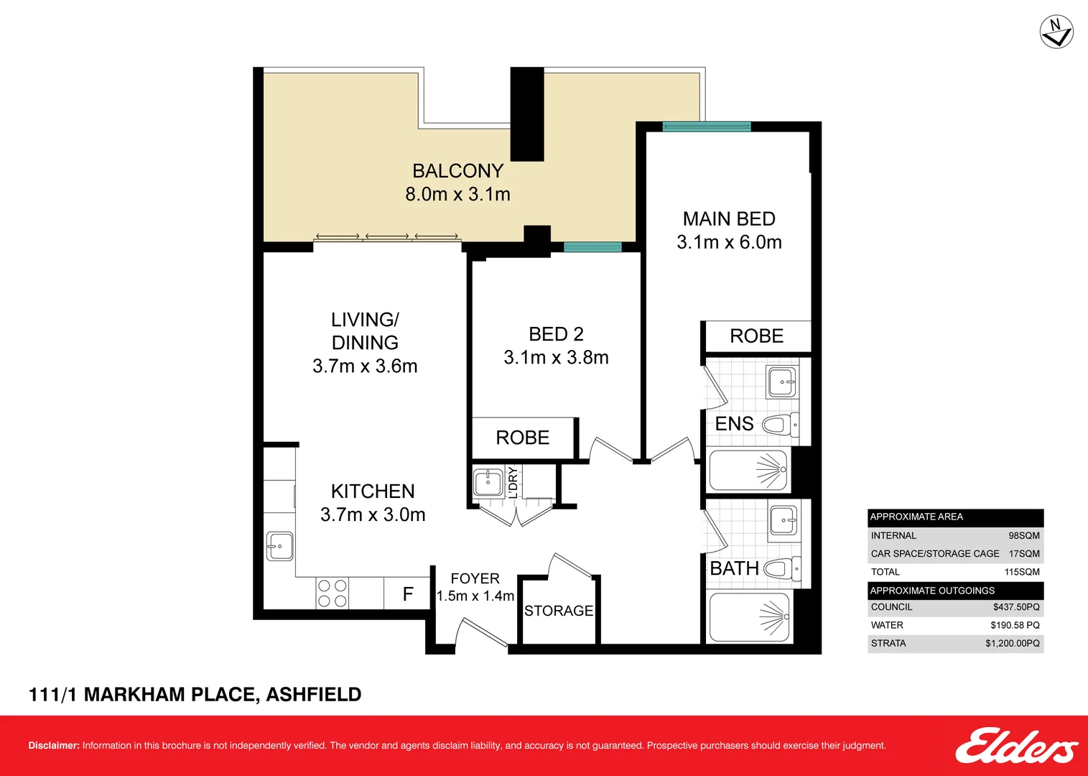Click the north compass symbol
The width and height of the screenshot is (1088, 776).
pyautogui.click(x=1056, y=32)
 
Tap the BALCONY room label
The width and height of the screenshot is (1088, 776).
pyautogui.click(x=457, y=171)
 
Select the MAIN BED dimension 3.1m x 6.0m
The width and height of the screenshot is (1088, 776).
pyautogui.click(x=729, y=242)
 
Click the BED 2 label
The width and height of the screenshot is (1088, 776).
pyautogui.click(x=556, y=334)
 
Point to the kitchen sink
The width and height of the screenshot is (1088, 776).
pyautogui.click(x=279, y=546)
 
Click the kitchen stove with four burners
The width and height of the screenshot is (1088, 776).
pyautogui.click(x=332, y=593)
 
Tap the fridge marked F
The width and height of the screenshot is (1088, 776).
pyautogui.click(x=408, y=594)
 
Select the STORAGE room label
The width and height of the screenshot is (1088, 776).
pyautogui.click(x=559, y=611)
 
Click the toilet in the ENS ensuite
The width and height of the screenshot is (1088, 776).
pyautogui.click(x=779, y=425)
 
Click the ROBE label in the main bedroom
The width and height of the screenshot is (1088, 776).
pyautogui.click(x=756, y=336)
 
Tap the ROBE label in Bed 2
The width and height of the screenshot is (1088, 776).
pyautogui.click(x=522, y=438)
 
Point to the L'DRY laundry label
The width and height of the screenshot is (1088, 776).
pyautogui.click(x=513, y=482)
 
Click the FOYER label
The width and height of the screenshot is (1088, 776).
pyautogui.click(x=475, y=578)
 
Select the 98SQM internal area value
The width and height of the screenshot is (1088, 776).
pyautogui.click(x=1023, y=535)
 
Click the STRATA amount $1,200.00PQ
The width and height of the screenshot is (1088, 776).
pyautogui.click(x=1012, y=643)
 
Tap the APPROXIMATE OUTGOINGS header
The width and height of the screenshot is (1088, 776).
pyautogui.click(x=932, y=591)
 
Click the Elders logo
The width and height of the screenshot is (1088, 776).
pyautogui.click(x=1015, y=747)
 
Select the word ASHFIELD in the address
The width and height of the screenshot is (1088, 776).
pyautogui.click(x=314, y=695)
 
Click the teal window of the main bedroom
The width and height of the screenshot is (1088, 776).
pyautogui.click(x=706, y=127)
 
